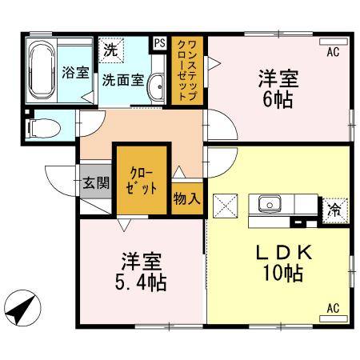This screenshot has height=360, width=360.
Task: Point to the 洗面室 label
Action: click(122, 79)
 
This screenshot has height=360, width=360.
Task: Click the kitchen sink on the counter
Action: click(268, 203)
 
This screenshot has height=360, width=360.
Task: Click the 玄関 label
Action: click(94, 182)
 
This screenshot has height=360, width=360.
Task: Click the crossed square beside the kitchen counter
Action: click(226, 206)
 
